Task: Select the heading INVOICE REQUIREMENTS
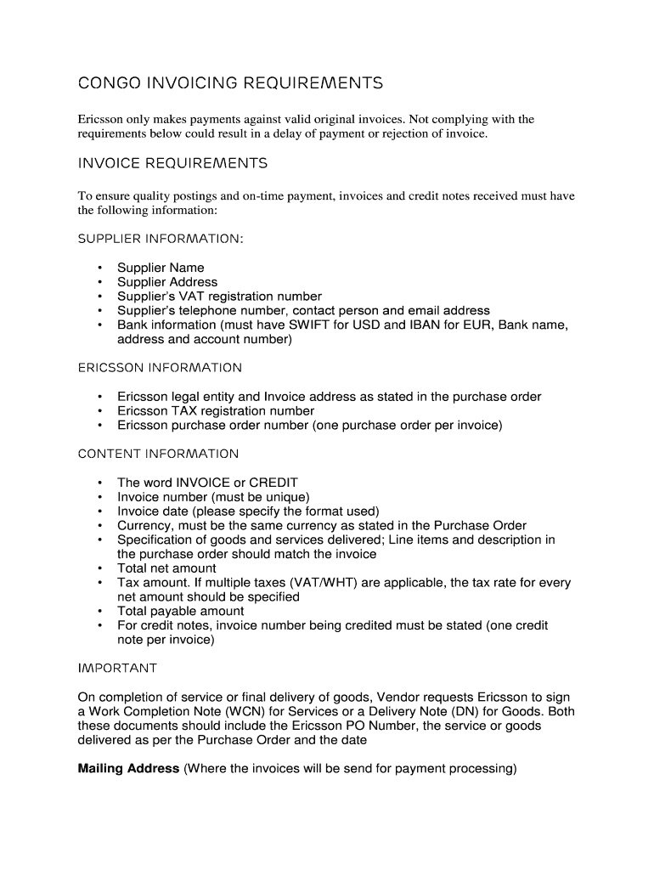click(172, 163)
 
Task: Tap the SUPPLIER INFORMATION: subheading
click(161, 239)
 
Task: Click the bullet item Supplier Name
click(161, 268)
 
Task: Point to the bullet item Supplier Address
click(167, 282)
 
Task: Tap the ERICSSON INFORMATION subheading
click(160, 368)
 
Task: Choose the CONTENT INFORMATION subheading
click(158, 454)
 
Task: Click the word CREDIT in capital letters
click(273, 483)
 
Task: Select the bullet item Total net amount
click(166, 568)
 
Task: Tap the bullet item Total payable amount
click(180, 611)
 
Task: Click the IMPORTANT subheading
click(117, 669)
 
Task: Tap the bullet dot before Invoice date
click(100, 511)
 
